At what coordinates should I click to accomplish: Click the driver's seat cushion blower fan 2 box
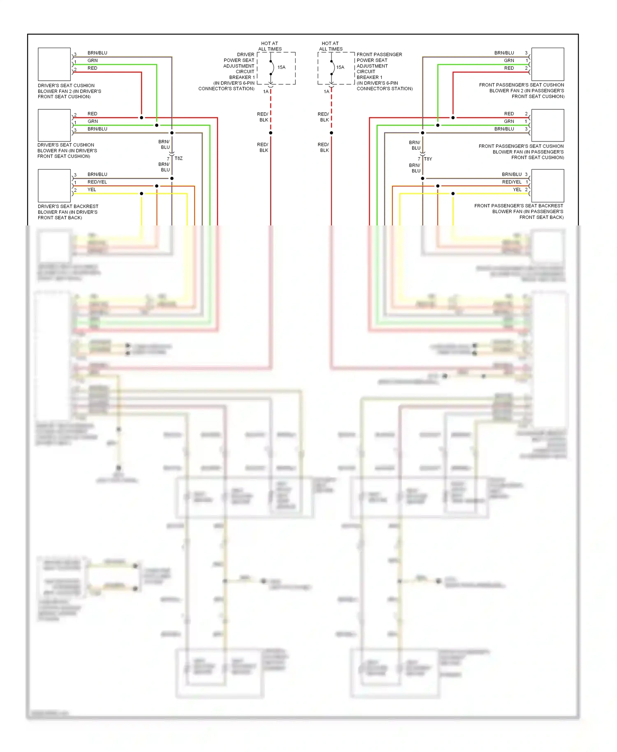(x=54, y=64)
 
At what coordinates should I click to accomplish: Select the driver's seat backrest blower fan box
(x=54, y=186)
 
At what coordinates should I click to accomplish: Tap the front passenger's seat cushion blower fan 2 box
(x=547, y=64)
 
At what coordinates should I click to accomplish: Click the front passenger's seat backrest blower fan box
(x=547, y=186)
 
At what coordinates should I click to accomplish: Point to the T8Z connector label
(x=179, y=158)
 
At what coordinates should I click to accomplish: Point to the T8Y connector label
(x=428, y=159)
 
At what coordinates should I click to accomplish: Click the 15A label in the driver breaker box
(x=281, y=67)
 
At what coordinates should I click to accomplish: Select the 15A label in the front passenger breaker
(x=340, y=67)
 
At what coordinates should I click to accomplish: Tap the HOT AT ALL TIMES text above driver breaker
(x=270, y=46)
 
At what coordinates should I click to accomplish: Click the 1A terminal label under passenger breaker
(x=327, y=92)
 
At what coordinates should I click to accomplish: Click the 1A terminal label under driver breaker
(x=266, y=92)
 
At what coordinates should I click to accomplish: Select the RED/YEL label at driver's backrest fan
(x=97, y=182)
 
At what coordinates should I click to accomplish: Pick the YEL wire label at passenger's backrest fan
(x=517, y=190)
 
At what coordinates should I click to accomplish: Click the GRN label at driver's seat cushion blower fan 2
(x=93, y=60)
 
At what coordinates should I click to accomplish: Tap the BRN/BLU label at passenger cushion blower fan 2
(x=504, y=53)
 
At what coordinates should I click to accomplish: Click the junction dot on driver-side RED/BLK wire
(x=271, y=133)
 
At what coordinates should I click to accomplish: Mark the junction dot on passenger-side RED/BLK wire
(x=331, y=133)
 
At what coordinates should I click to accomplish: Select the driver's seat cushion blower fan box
(x=54, y=125)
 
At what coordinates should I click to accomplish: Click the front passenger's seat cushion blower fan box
(x=547, y=125)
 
